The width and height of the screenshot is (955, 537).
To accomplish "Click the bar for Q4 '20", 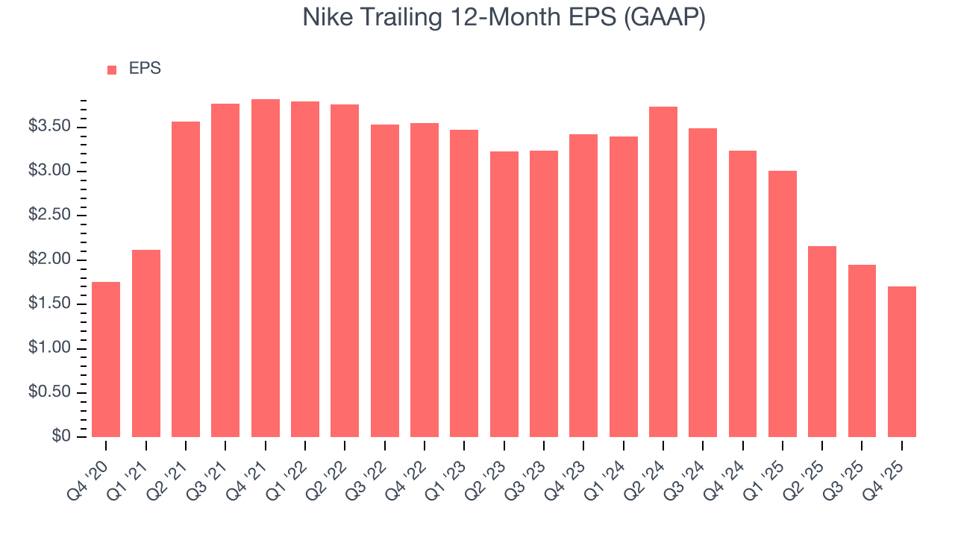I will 106,359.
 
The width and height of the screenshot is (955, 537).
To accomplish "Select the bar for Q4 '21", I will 266,268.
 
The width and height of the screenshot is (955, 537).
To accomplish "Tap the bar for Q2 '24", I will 663,272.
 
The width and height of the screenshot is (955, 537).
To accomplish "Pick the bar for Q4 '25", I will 902,362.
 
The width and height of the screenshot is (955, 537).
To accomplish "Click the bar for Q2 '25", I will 822,342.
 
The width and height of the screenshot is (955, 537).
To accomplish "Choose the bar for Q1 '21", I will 146,343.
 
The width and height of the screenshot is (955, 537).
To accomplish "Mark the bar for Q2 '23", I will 504,295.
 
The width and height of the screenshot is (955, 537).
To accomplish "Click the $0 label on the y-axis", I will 61,437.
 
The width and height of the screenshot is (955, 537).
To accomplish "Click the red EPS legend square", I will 112,70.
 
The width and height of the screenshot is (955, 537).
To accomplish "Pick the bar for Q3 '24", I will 703,283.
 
